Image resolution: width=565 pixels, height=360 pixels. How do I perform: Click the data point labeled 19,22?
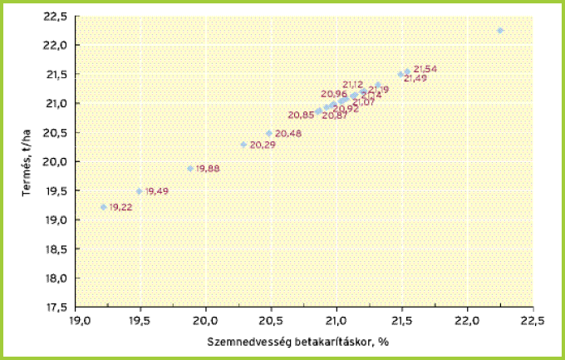[104, 207]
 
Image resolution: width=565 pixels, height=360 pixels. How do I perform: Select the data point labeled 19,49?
[140, 191]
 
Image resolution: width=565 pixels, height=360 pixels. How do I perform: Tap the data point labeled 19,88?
[190, 169]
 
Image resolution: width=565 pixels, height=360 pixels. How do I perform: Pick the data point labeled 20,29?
[243, 145]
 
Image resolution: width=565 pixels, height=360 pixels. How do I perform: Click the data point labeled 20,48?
[269, 133]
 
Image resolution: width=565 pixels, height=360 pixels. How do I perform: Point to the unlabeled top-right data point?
[500, 30]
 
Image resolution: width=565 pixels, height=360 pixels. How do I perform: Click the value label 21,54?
[425, 68]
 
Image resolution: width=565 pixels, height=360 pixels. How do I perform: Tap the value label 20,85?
[300, 115]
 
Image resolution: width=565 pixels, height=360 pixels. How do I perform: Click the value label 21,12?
[352, 85]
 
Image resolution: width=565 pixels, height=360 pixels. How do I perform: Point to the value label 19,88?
[208, 169]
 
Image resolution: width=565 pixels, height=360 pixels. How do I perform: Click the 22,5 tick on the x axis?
[532, 320]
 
